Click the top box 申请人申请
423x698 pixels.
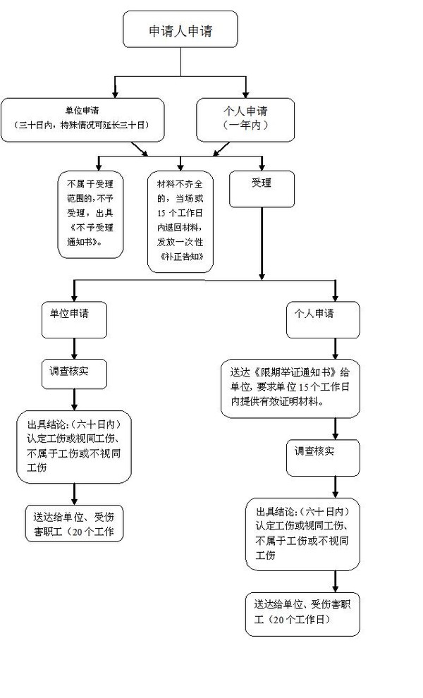[180, 31]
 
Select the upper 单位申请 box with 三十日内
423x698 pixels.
[83, 118]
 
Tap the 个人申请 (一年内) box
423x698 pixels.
[245, 118]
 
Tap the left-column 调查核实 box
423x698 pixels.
[74, 373]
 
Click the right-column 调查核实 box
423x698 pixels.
[322, 458]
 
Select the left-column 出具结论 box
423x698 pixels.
[74, 448]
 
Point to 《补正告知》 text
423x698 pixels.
[181, 257]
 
